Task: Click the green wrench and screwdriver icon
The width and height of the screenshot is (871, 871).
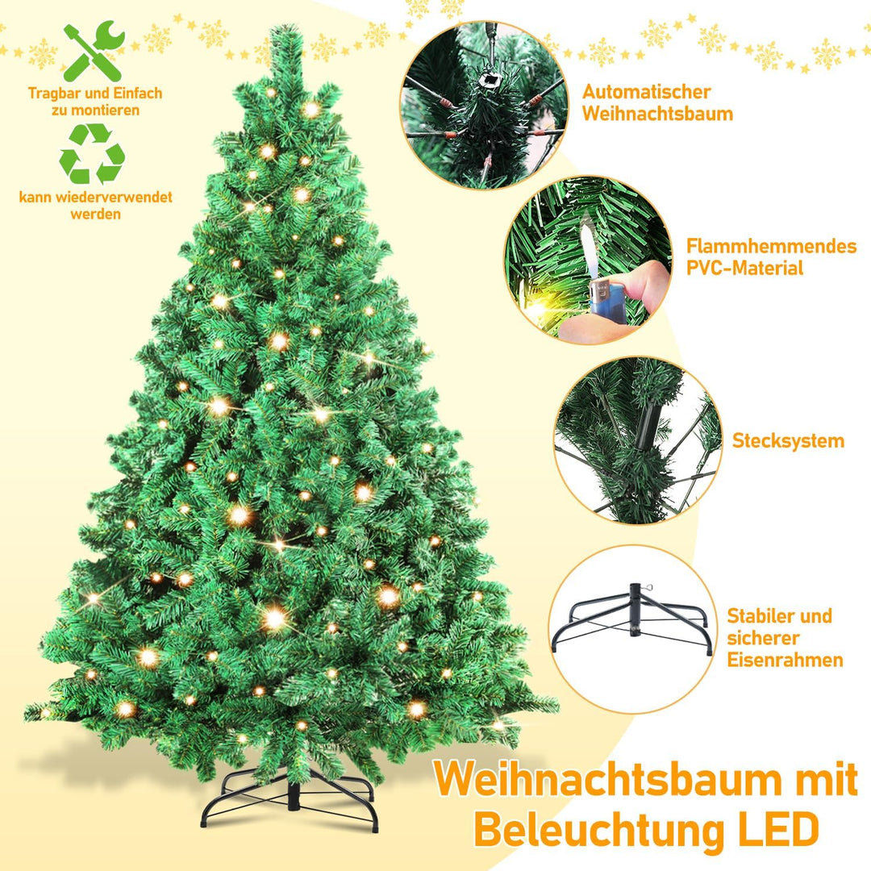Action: pyautogui.click(x=94, y=52)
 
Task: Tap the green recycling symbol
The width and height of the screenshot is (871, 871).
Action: pyautogui.click(x=92, y=153)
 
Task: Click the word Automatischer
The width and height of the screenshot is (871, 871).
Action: pyautogui.click(x=646, y=92)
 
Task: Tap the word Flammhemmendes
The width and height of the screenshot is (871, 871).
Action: pyautogui.click(x=771, y=246)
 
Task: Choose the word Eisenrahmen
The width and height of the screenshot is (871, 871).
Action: pyautogui.click(x=785, y=660)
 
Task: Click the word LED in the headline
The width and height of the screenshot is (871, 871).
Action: pyautogui.click(x=775, y=828)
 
